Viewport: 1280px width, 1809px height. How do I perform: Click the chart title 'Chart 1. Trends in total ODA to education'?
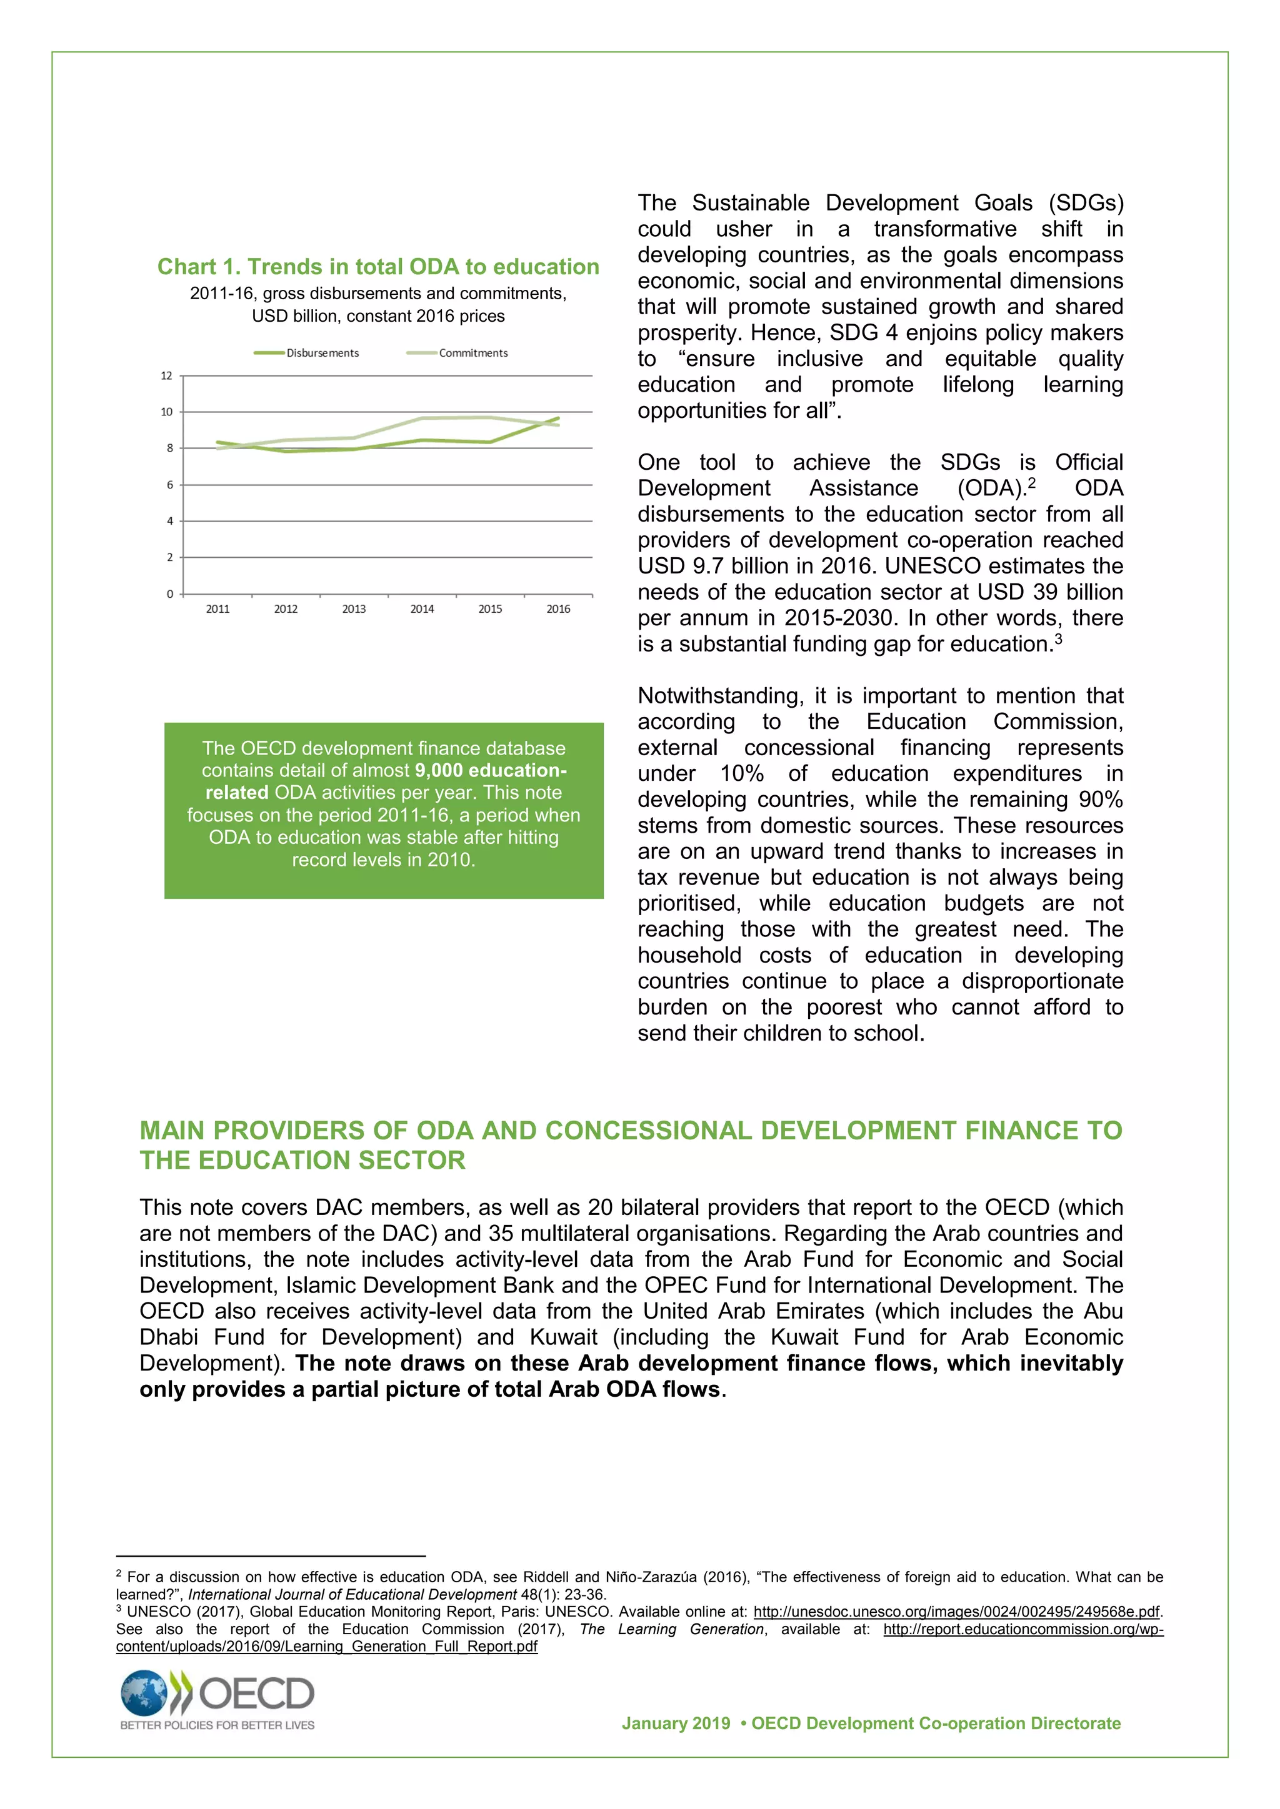tap(377, 267)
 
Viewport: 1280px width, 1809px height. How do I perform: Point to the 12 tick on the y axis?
tap(166, 376)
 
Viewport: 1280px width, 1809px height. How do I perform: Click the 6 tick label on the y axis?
tap(169, 485)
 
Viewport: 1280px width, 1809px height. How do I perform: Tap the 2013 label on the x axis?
tap(354, 609)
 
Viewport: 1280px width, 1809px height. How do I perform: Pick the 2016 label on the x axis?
tap(558, 609)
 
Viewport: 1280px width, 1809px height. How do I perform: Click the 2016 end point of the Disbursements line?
tap(558, 419)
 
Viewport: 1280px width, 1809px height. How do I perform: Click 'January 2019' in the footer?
tap(676, 1723)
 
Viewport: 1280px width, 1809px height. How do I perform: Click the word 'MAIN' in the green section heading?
tap(172, 1131)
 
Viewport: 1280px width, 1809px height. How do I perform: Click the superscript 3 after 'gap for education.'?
tap(1059, 638)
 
